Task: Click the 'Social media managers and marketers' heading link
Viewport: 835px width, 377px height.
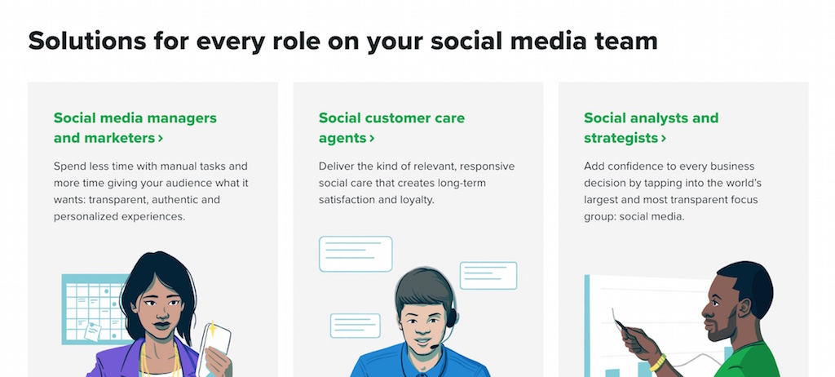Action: [x=135, y=128]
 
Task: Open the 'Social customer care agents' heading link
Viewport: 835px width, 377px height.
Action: [x=392, y=128]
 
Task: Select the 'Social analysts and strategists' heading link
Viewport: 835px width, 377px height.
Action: [x=652, y=128]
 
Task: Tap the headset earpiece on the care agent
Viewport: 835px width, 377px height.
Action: [x=451, y=317]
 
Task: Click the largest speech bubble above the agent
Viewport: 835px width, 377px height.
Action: [x=356, y=254]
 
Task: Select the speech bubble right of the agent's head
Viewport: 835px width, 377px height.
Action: [x=488, y=276]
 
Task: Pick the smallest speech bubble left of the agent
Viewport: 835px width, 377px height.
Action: [x=356, y=326]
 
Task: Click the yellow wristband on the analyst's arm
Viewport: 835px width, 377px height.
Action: [x=658, y=362]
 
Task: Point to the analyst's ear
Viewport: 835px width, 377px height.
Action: [x=744, y=308]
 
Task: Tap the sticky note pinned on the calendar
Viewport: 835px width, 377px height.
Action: [x=93, y=332]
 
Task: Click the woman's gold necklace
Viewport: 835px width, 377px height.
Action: [x=160, y=360]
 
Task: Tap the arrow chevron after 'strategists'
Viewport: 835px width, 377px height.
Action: [x=664, y=139]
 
